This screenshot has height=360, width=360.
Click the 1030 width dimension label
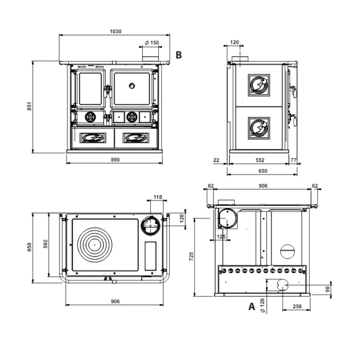point(116,31)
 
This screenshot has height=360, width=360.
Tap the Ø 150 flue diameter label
point(152,43)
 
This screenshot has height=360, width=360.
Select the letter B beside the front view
point(178,55)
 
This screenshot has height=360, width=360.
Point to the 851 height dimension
point(29,106)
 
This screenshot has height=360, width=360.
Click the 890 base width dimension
point(115,160)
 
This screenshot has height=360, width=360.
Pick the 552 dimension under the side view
point(260,160)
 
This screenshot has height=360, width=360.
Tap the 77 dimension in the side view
point(294,160)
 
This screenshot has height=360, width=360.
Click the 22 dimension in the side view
point(217,160)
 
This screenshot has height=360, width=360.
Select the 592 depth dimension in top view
point(45,244)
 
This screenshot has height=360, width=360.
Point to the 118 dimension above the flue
point(158,197)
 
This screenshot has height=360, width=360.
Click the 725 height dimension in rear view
point(191,256)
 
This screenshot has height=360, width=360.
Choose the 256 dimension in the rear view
point(297,307)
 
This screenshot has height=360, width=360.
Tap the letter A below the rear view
point(251,307)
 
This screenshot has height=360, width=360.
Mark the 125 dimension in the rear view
point(221,237)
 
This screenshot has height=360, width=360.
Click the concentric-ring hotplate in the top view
point(95,245)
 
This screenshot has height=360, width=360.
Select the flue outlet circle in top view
point(151,225)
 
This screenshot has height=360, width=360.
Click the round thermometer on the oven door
point(132,86)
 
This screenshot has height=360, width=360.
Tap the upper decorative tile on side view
point(259,85)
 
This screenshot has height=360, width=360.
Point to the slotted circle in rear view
point(287,251)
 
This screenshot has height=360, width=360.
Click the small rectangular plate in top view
point(151,256)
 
